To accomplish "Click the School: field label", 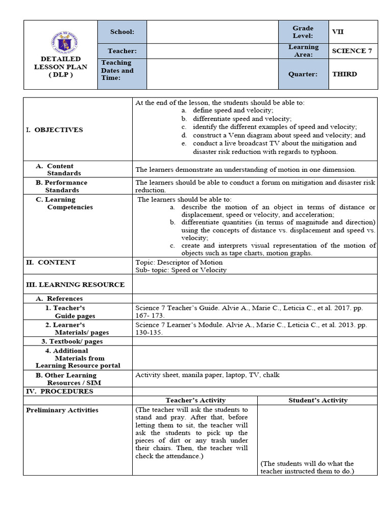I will [122, 32].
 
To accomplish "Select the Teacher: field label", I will [122, 50].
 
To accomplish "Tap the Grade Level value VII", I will [338, 32].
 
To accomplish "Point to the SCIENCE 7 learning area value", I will [349, 50].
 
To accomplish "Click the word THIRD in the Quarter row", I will [345, 74].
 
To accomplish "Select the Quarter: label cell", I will [303, 74].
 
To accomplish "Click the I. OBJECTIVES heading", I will [54, 129].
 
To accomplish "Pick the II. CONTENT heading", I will [51, 262].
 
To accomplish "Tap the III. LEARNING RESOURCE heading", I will [75, 284].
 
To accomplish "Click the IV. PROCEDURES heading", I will [60, 391].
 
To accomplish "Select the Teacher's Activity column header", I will [195, 400].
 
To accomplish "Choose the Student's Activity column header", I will [317, 400].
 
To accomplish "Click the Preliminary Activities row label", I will [62, 410].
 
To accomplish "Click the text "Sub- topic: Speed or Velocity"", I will [181, 270].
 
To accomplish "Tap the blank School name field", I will [212, 32].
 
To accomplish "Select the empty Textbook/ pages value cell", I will [255, 341].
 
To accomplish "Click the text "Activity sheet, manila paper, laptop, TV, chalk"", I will [207, 375].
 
